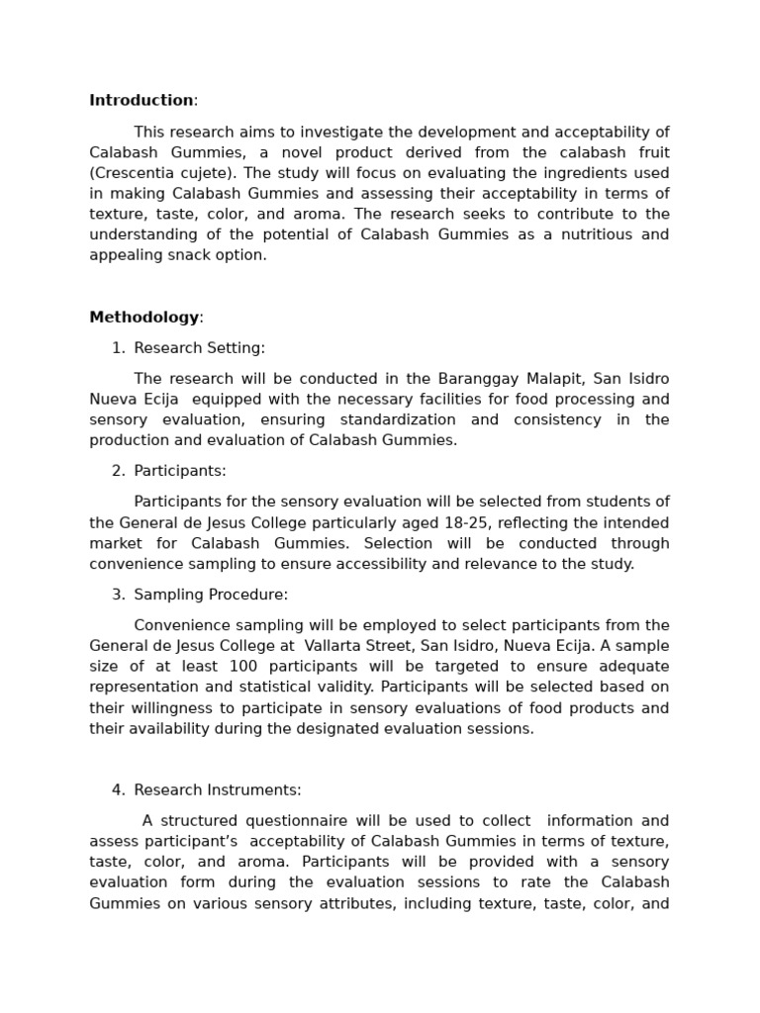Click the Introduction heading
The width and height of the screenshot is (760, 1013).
click(x=142, y=100)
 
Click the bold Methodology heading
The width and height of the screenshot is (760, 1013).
click(x=144, y=318)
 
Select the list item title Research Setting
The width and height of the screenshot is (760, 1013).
click(x=199, y=348)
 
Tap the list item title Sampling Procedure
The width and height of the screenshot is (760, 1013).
click(x=211, y=595)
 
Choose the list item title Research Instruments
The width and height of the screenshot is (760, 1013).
click(x=218, y=790)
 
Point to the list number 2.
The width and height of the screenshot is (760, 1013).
click(x=118, y=471)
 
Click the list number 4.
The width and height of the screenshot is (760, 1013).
click(x=118, y=790)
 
